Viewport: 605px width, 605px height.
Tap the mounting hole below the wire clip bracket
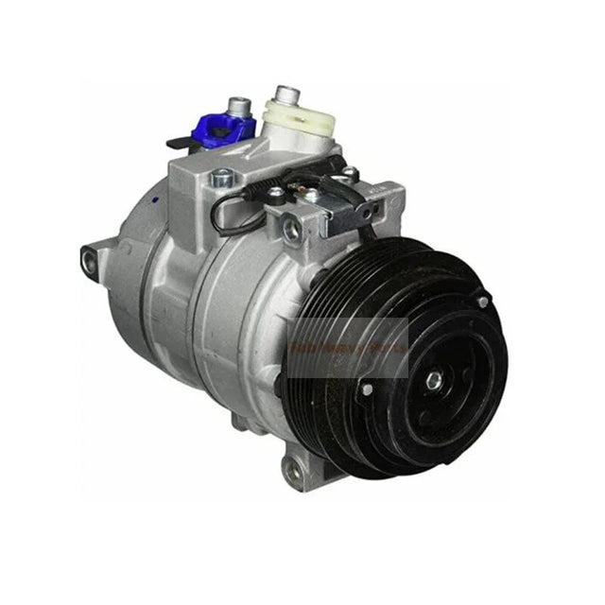click(289, 227)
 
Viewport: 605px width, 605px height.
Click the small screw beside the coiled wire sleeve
click(274, 194)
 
